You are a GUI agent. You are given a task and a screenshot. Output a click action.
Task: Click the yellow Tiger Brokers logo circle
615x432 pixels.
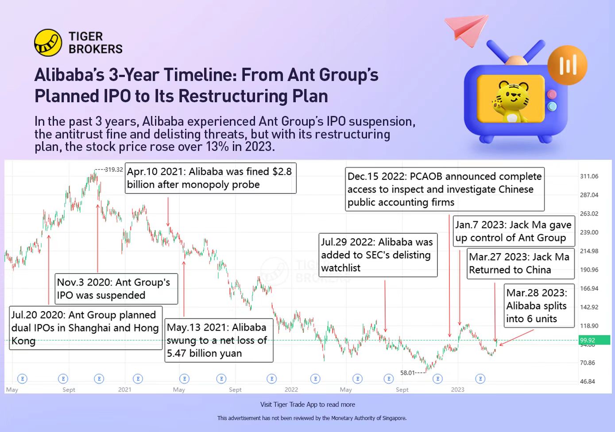48,42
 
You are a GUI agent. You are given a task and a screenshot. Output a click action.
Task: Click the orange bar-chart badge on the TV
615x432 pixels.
568,65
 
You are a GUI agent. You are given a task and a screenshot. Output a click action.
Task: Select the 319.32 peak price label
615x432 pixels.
114,170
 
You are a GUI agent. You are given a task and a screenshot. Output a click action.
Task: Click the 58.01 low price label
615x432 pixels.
407,373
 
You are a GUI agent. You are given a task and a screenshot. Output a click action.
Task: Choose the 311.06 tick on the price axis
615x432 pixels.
589,176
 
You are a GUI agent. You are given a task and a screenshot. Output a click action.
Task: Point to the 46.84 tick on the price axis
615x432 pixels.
588,382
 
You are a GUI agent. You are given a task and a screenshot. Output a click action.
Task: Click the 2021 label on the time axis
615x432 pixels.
125,390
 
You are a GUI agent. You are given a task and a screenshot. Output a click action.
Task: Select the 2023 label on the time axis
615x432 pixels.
458,390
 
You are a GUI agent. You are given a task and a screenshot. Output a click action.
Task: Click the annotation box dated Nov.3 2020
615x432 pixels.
116,289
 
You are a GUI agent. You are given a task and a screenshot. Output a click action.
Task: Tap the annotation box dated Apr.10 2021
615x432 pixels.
211,178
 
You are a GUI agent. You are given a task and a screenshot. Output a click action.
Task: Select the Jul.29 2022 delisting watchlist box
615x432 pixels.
378,255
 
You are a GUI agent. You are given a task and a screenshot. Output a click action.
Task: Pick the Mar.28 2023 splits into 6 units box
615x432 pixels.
539,306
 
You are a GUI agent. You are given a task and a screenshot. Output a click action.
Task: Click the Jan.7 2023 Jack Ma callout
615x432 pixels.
514,231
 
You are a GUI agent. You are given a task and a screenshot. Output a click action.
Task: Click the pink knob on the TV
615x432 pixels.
552,95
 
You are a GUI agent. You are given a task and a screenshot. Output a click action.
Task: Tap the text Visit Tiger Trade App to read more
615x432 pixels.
307,405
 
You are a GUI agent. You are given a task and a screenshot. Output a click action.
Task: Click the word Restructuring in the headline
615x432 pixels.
233,96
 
